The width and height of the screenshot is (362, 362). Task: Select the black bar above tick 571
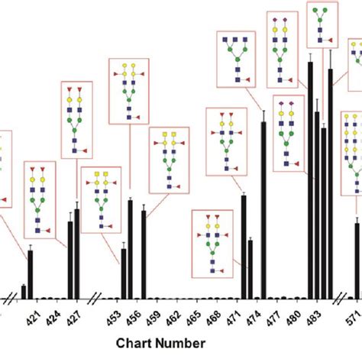pos(357,260)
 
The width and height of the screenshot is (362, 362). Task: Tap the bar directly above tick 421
pos(31,273)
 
